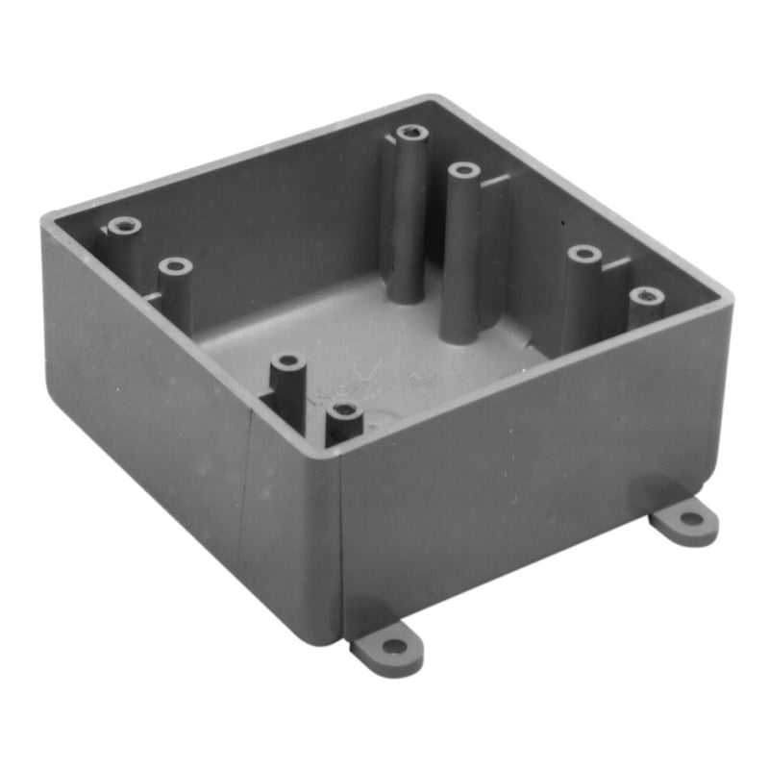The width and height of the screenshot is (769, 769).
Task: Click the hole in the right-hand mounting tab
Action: click(690, 520)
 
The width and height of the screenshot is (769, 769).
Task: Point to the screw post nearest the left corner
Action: click(124, 227)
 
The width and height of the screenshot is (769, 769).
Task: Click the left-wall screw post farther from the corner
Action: click(175, 265)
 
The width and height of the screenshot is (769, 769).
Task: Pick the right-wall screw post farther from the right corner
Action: click(583, 255)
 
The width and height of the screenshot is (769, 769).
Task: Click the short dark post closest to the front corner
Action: click(344, 414)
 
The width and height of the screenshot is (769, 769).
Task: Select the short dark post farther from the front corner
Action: click(287, 364)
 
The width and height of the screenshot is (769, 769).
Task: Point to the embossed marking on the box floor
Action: click(370, 384)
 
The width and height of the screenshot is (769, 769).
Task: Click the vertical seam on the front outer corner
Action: click(342, 538)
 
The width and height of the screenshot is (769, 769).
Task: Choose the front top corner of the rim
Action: click(338, 454)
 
